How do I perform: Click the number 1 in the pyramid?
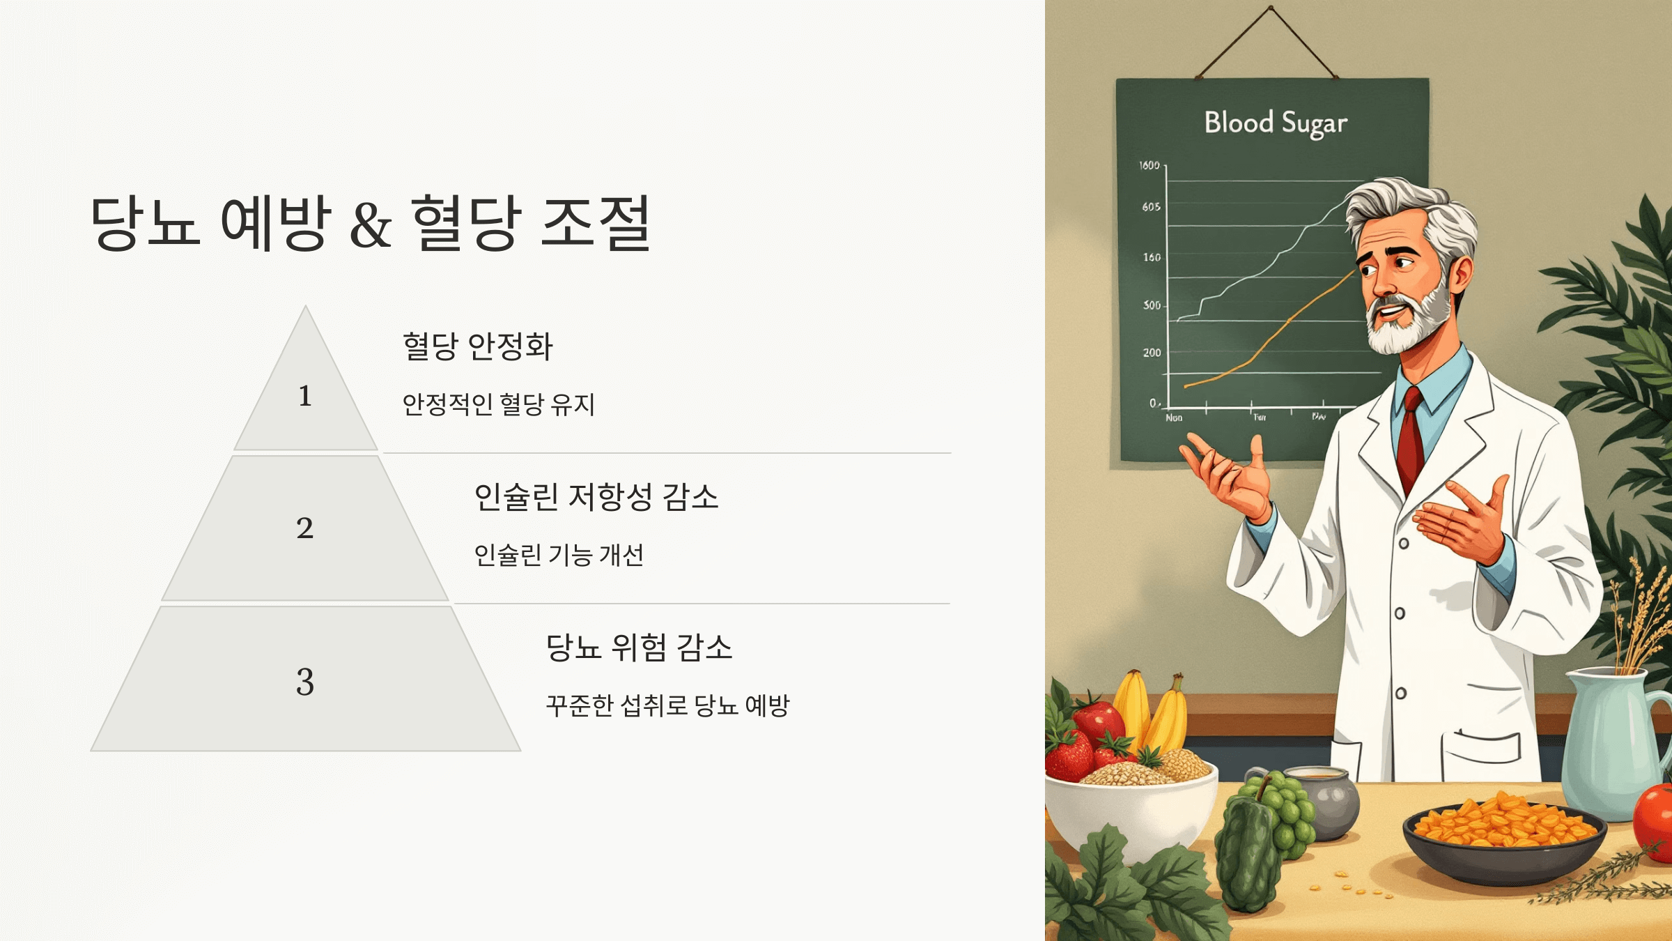point(304,396)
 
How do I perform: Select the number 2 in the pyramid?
point(304,528)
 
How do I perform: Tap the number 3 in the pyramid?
point(304,682)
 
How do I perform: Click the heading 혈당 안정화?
point(478,346)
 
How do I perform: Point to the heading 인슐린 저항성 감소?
point(596,497)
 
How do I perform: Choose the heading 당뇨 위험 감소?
point(639,648)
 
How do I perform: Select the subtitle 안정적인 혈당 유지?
point(499,404)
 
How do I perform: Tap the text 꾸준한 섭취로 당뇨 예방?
point(667,705)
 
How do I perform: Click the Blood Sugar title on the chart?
point(1276,123)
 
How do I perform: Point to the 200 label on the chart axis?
point(1152,353)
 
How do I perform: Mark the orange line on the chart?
point(1261,349)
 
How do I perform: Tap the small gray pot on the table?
point(1327,798)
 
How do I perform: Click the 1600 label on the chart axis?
point(1149,165)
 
